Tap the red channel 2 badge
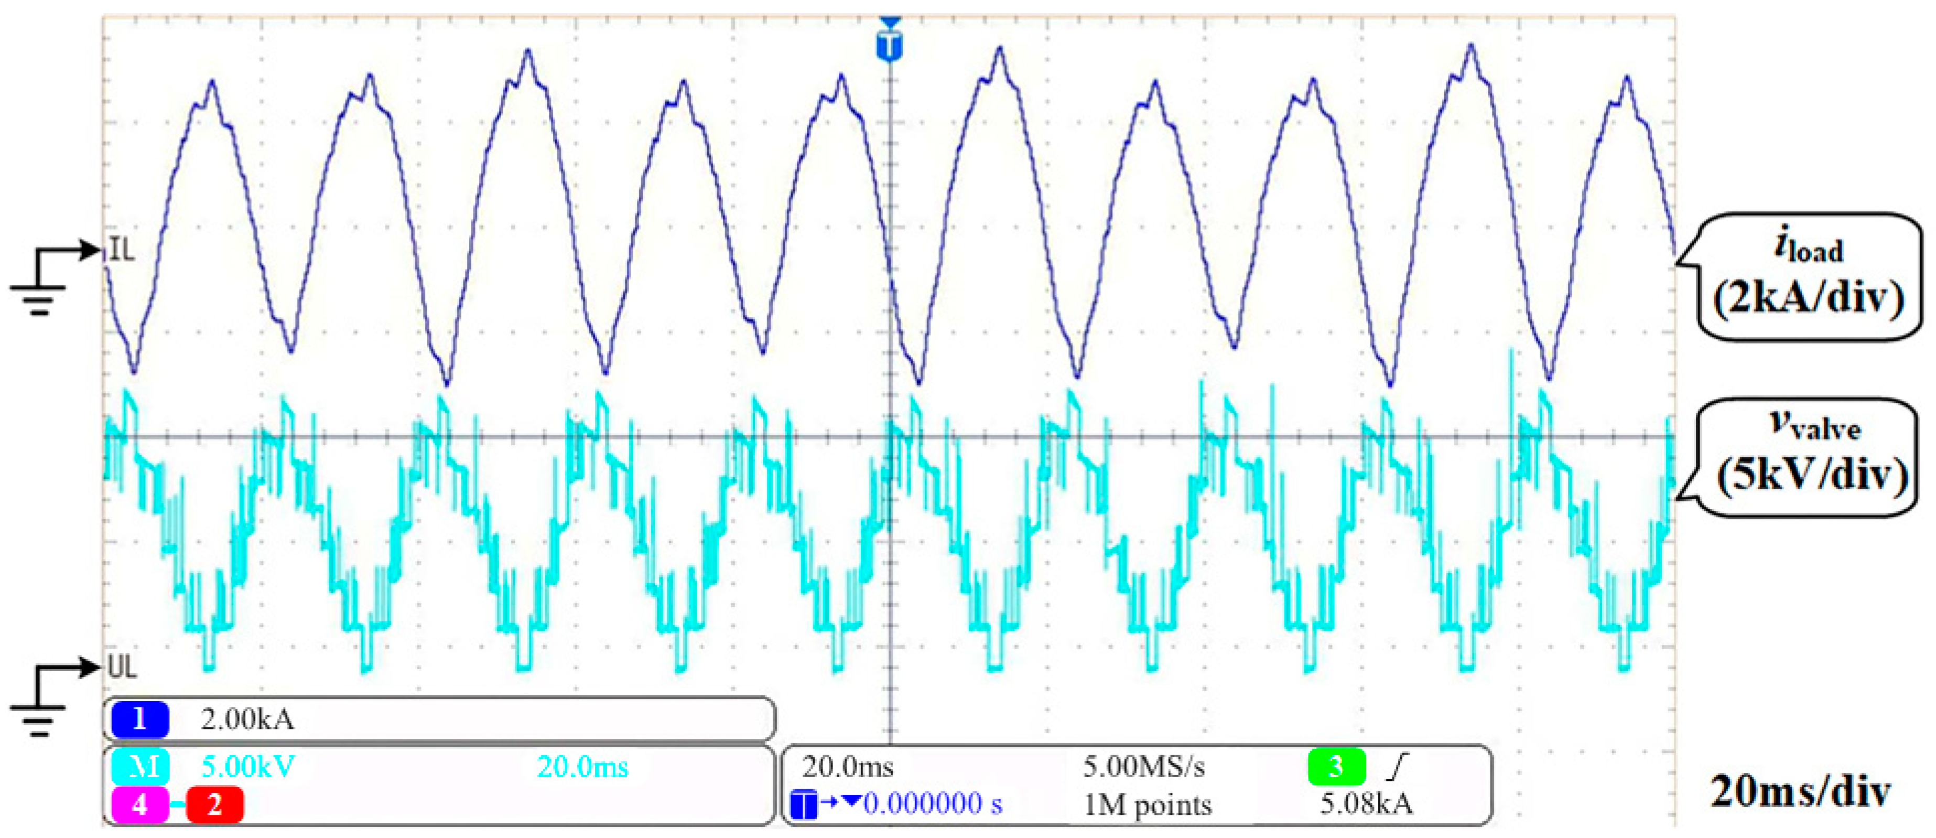pyautogui.click(x=214, y=805)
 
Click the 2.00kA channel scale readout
pyautogui.click(x=247, y=719)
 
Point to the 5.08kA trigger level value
pyautogui.click(x=1366, y=803)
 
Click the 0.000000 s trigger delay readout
pyautogui.click(x=932, y=803)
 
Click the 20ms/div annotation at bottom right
pyautogui.click(x=1800, y=791)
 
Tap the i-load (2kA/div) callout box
pyautogui.click(x=1808, y=276)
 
